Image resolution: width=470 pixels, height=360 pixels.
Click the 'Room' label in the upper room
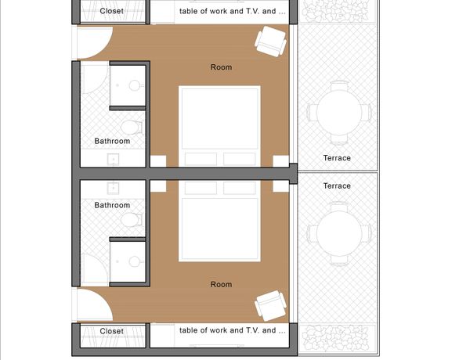pos(221,67)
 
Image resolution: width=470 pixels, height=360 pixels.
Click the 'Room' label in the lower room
pos(221,284)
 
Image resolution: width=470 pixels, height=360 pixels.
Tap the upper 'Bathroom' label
pos(112,141)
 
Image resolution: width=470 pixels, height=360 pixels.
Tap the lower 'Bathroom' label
pos(112,205)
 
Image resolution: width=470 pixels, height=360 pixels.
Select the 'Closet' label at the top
pos(111,11)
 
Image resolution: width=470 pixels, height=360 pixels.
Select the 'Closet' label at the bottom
pos(111,331)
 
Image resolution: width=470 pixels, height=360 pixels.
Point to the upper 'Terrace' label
pos(337,158)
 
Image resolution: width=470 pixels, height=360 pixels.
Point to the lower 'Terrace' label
pos(337,185)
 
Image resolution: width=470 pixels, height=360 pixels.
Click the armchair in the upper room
pos(271,41)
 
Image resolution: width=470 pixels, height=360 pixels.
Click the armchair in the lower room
pos(271,306)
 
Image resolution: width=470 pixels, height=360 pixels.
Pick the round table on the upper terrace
pos(339,113)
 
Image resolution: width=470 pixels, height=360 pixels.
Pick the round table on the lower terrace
pos(339,234)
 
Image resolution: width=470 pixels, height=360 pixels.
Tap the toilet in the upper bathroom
pos(132,128)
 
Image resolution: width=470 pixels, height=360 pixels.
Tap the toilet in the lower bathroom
pos(132,220)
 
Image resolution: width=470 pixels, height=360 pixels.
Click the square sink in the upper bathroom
pos(113,160)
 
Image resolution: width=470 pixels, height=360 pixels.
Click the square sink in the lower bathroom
pos(113,188)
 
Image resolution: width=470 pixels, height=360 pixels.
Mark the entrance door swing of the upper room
pos(95,42)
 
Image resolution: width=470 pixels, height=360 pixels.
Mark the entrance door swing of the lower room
pos(95,304)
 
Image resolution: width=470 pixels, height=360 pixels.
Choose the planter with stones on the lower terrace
pos(338,338)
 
